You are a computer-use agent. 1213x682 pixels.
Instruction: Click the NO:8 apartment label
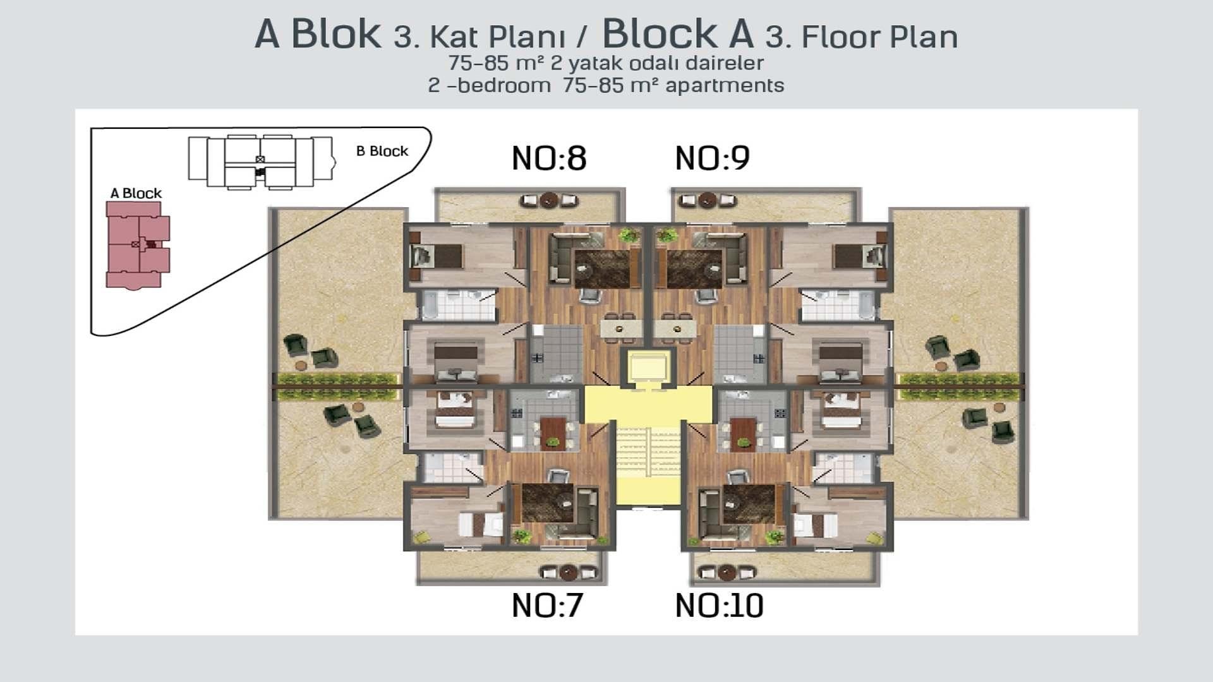[x=549, y=158]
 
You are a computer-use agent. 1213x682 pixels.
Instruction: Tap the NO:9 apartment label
[x=712, y=158]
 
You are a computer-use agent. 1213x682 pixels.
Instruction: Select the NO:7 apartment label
[x=547, y=605]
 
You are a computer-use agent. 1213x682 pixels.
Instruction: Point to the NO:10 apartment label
[x=719, y=605]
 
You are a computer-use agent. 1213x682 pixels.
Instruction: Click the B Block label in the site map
[x=382, y=151]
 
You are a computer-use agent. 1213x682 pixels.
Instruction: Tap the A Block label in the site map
[x=136, y=193]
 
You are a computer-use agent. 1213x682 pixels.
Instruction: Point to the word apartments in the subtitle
[x=725, y=85]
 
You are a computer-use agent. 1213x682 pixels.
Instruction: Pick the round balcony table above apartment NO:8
[x=548, y=200]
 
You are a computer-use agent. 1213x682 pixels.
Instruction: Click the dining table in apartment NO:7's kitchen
[x=553, y=433]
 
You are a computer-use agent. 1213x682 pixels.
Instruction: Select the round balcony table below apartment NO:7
[x=568, y=572]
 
